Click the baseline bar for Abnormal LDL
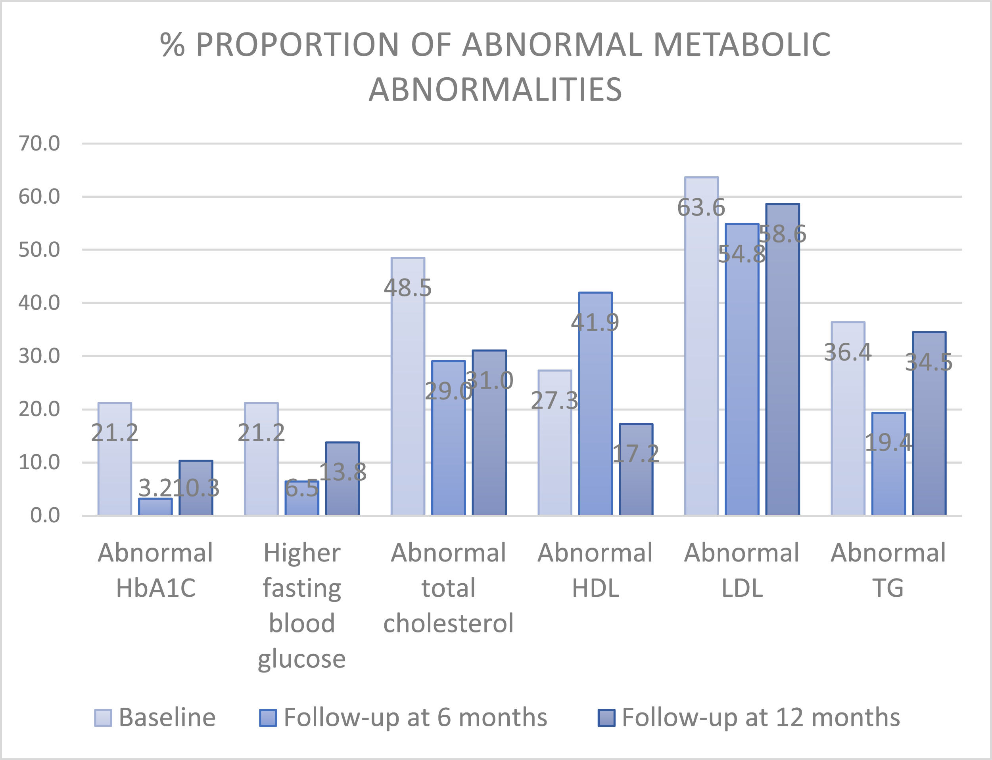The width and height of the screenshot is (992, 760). point(701,362)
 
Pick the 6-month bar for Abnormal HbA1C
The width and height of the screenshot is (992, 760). point(155,507)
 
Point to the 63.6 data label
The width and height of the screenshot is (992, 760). point(701,208)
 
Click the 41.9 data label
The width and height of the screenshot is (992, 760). point(595,323)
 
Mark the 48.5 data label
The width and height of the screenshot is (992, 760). point(407,288)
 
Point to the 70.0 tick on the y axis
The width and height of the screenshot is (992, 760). point(39,143)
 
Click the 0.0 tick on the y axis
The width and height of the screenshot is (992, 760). point(45,515)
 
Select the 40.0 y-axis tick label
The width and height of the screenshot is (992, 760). point(39,303)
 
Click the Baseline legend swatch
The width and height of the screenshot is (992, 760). point(103,718)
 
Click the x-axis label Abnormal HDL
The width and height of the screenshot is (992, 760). point(595,570)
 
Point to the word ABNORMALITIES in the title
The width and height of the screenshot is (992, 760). point(495,89)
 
